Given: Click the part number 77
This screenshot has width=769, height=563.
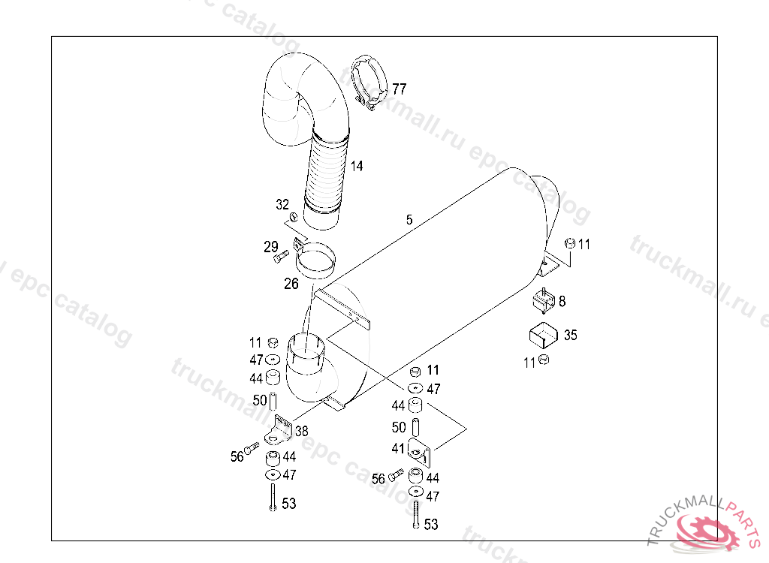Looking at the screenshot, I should click(399, 89).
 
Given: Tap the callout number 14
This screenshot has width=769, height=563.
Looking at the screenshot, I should click(356, 166).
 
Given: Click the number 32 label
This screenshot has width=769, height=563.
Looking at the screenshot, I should click(282, 204).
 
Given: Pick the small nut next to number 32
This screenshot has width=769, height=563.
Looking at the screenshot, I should click(294, 218).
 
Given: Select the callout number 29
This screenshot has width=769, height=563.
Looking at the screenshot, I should click(270, 246).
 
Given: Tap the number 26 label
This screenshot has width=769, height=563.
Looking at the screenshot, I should click(291, 284).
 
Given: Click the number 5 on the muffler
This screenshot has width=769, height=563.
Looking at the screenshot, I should click(409, 220).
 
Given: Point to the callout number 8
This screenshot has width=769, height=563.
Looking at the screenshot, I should click(562, 301).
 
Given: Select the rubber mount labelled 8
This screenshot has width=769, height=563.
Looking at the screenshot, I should click(543, 301).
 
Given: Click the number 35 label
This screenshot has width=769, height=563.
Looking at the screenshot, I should click(570, 335).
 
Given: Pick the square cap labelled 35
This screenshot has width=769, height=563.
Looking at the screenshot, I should click(542, 333).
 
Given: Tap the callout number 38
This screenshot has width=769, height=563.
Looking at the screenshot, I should click(301, 431).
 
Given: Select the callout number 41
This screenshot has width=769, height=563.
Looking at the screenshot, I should click(398, 448).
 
